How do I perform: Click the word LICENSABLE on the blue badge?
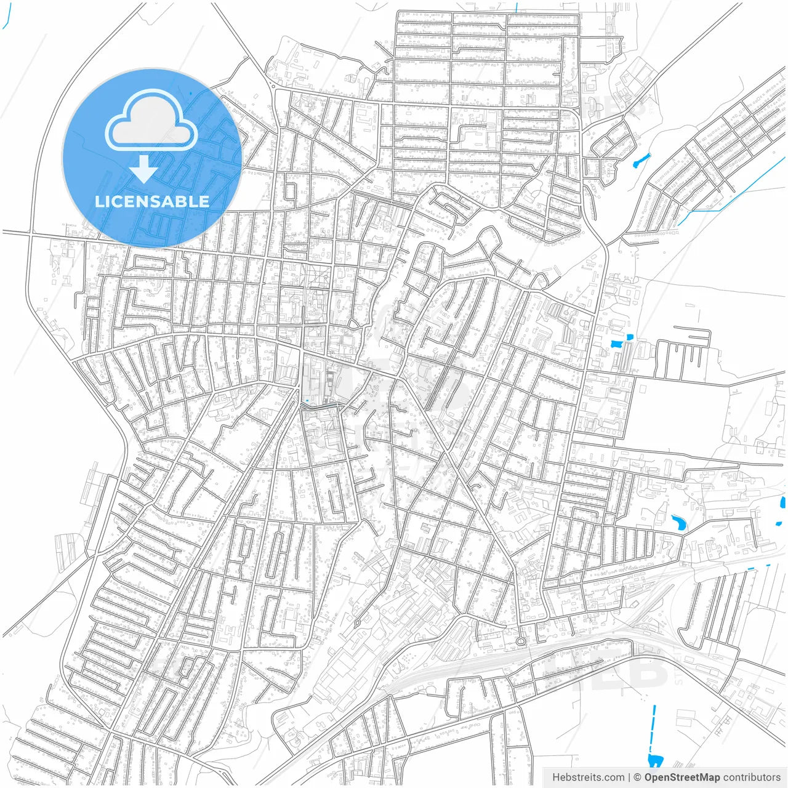151,201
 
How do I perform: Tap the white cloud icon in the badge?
151,121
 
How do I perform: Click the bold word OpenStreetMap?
681,778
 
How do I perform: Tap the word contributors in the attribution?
752,778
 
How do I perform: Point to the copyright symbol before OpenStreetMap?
638,778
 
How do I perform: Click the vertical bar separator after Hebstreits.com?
629,778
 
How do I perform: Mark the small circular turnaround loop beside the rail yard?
520,641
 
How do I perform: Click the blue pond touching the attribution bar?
653,761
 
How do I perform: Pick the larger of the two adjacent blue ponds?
615,345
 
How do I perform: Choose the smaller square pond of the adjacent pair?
629,337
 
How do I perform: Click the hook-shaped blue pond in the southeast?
679,523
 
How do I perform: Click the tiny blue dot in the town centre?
306,401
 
